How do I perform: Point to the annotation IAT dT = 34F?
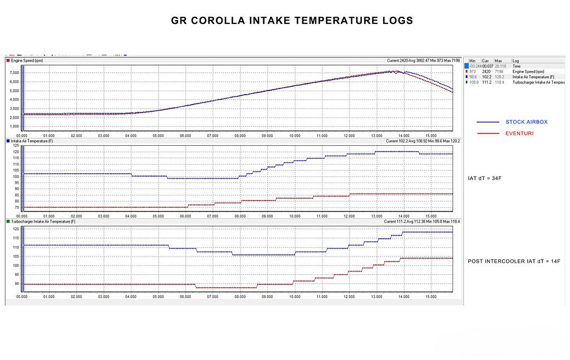[x=485, y=179]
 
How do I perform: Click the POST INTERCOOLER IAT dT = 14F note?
[x=507, y=261]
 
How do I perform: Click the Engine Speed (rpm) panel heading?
[x=27, y=60]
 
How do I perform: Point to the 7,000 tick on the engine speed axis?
[x=16, y=72]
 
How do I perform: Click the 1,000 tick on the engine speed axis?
[x=16, y=126]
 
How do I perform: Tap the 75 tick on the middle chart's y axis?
[x=16, y=208]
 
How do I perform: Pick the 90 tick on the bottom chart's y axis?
[x=17, y=284]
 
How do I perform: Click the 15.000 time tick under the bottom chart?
[x=430, y=297]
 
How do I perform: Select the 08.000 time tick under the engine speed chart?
[x=240, y=135]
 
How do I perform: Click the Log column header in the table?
[x=515, y=61]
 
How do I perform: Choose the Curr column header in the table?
[x=485, y=61]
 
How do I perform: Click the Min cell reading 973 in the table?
[x=473, y=71]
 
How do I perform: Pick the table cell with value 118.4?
[x=499, y=82]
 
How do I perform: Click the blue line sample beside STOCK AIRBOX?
[x=488, y=121]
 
